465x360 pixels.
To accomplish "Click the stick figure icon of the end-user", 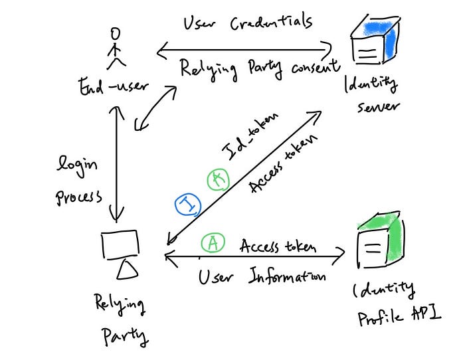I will (x=117, y=48).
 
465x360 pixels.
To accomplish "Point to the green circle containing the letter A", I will (x=212, y=244).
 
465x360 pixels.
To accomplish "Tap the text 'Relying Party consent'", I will (x=260, y=68).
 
